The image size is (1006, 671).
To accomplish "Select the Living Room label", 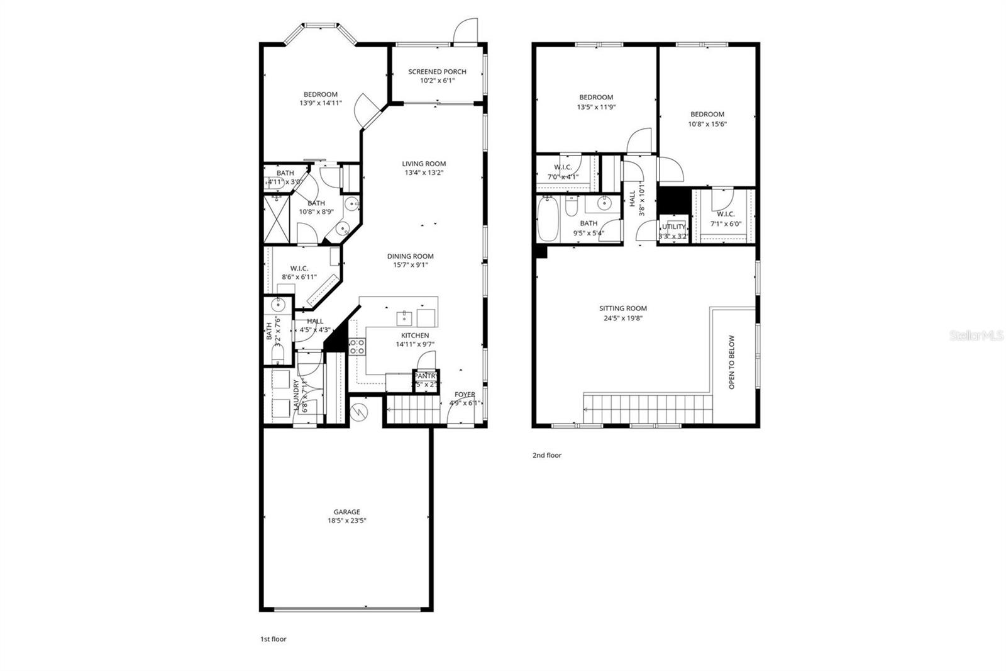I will click(x=424, y=164).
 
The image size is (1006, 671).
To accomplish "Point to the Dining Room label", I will click(x=410, y=256).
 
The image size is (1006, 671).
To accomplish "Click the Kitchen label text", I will click(x=415, y=335).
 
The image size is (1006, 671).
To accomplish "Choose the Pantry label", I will click(x=426, y=376).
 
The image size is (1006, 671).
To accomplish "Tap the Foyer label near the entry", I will click(x=465, y=395).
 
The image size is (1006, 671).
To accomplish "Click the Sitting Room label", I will click(x=622, y=308).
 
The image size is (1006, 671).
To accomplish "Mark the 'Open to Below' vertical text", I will click(x=731, y=362).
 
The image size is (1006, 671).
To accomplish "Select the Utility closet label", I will click(x=673, y=227).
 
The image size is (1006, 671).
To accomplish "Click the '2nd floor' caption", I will click(x=546, y=455).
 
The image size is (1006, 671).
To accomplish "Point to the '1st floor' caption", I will click(x=274, y=639).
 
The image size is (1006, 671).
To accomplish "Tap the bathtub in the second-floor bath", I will click(x=548, y=218).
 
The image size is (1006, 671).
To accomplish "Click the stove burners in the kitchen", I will click(x=357, y=346).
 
